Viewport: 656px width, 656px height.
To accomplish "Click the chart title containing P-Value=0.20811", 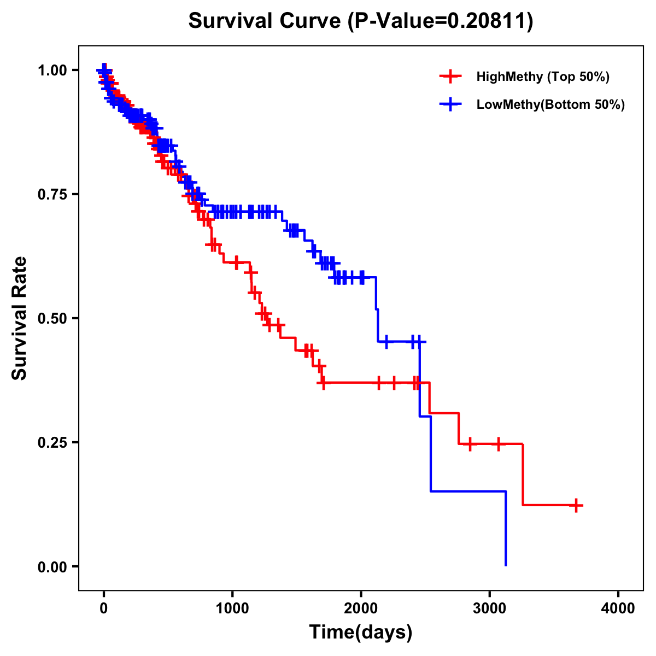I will tap(360, 21).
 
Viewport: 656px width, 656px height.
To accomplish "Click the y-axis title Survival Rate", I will tap(20, 318).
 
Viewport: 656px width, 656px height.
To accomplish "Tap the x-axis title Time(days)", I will tap(360, 632).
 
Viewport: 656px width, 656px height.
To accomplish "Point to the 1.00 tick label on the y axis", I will tap(52, 70).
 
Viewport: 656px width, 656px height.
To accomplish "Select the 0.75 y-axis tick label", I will tap(52, 194).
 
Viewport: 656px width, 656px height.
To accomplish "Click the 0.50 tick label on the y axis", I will tap(52, 318).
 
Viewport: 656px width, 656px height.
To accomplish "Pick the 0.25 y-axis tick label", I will tap(52, 442).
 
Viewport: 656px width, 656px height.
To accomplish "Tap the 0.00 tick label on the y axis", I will tap(52, 566).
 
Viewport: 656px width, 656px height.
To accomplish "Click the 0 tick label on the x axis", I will tap(104, 608).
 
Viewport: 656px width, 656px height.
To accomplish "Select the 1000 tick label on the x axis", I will tap(232, 608).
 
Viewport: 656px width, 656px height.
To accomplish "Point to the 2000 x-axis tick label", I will tap(361, 608).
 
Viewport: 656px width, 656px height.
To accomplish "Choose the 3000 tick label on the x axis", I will tap(490, 608).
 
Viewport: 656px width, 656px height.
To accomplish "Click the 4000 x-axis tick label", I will tap(618, 608).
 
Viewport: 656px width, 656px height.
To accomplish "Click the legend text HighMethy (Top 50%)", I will tap(543, 77).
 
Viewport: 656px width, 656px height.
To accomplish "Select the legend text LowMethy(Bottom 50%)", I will tap(550, 104).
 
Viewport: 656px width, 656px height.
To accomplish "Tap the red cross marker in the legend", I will tap(450, 77).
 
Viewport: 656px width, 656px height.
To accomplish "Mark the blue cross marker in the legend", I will tap(450, 104).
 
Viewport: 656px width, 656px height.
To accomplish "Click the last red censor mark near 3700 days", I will tap(576, 505).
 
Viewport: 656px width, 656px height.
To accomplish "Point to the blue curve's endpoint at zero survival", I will tap(506, 565).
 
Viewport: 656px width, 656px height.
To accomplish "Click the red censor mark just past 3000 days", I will tap(498, 444).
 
